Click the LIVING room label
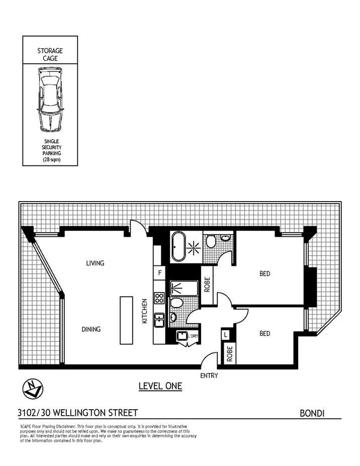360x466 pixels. point(95,263)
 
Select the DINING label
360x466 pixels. point(91,329)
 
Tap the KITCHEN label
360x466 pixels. point(144,312)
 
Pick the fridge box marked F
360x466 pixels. point(160,273)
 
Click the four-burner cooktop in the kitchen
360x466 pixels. point(159,298)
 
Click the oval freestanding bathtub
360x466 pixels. point(178,246)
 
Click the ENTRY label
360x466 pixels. point(209,376)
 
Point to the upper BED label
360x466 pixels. point(264,273)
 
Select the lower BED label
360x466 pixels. point(264,333)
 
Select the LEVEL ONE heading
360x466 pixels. point(160,386)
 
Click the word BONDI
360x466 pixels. point(312,413)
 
